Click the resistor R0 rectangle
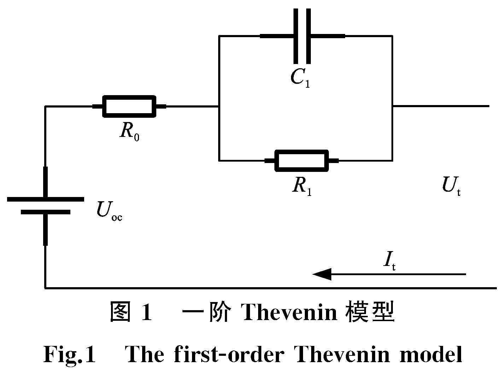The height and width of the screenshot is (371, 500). [129, 106]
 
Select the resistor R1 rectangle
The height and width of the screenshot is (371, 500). [302, 161]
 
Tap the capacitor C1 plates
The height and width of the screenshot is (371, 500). [302, 36]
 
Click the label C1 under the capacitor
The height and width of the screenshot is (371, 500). [300, 78]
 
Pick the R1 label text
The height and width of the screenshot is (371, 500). [302, 186]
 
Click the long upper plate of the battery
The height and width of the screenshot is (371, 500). [46, 199]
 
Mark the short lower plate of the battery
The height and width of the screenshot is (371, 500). [46, 212]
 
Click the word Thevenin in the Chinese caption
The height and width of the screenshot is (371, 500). [289, 312]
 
